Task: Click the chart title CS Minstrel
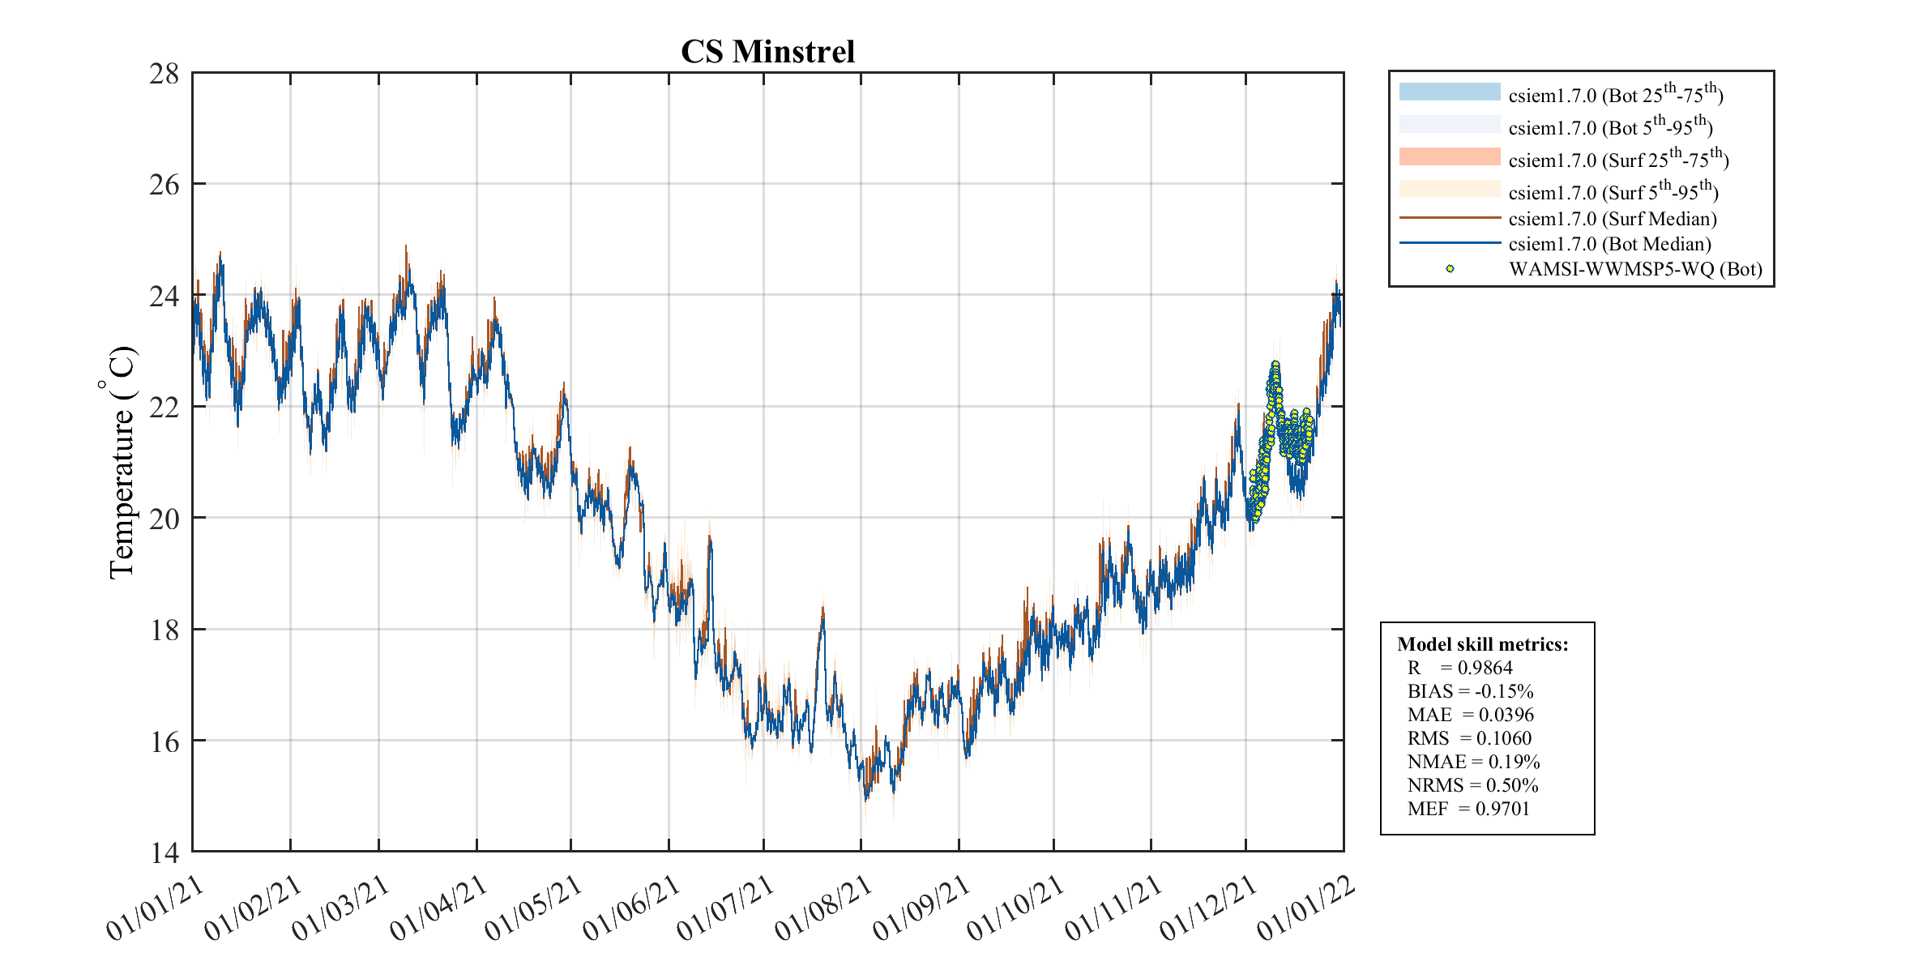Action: [767, 52]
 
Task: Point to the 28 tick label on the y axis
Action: [164, 74]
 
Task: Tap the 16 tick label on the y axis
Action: [164, 741]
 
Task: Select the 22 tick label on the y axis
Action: [164, 408]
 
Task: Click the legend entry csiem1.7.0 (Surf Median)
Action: [1612, 219]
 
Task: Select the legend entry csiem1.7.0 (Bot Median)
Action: [1609, 244]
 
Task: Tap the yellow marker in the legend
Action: [1450, 269]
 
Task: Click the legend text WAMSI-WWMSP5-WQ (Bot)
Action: [1635, 269]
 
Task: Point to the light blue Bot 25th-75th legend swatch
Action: [1450, 92]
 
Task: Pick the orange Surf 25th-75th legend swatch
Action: [1450, 156]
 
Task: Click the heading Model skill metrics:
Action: [1482, 644]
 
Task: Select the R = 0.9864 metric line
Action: [1459, 668]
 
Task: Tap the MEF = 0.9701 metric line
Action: [1468, 809]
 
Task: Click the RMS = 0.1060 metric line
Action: [1469, 738]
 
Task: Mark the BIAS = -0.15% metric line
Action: [1470, 691]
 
